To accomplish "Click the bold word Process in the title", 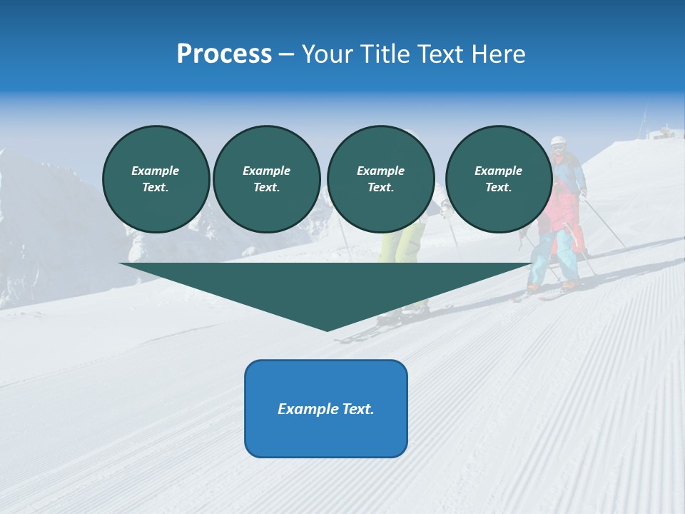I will point(224,54).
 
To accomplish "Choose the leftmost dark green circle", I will point(156,179).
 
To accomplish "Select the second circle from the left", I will point(267,179).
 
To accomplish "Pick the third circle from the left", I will point(380,179).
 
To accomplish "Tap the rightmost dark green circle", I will point(499,179).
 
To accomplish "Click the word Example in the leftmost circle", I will point(156,171).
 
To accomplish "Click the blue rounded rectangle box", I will point(326,435).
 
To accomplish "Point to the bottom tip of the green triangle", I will point(327,329).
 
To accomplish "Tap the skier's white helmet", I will point(558,141).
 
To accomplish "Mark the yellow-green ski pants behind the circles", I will point(400,243).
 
